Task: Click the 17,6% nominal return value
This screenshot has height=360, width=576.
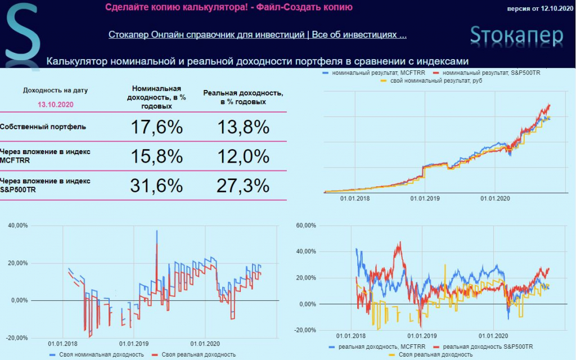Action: click(x=156, y=127)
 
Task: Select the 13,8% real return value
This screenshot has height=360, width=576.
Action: click(x=244, y=127)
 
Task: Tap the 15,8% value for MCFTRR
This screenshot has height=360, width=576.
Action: click(x=156, y=156)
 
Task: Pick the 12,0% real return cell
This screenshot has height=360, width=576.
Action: click(x=244, y=156)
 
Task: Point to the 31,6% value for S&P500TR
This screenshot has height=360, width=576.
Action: click(x=156, y=186)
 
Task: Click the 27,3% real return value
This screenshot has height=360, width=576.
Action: click(x=244, y=186)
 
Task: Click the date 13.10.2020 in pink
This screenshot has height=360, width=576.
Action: click(x=55, y=104)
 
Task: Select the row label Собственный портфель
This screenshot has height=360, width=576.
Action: click(x=43, y=127)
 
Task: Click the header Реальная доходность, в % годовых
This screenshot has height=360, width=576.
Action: click(x=243, y=97)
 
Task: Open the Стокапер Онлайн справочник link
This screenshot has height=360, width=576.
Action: click(x=257, y=35)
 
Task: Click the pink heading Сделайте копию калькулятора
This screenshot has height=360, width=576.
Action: click(x=229, y=7)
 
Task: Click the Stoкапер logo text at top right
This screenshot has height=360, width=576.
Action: click(x=516, y=35)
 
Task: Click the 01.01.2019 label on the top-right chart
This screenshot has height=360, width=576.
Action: click(x=425, y=199)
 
